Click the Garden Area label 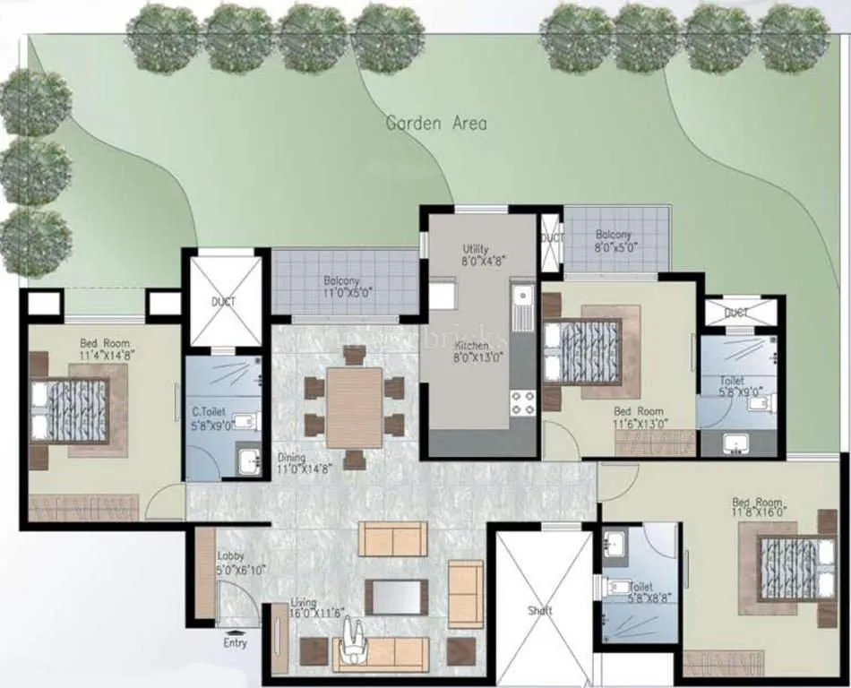(436, 123)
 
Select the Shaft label (540, 611)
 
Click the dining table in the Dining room (355, 408)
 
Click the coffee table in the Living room (396, 597)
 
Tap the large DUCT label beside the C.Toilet (223, 302)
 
